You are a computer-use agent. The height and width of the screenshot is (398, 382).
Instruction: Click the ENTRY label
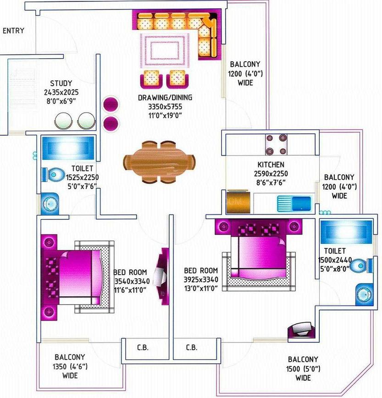pos(13,31)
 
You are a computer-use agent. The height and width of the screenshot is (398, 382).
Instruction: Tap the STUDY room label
pos(61,83)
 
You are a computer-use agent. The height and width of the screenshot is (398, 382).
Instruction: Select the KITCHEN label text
pos(271,165)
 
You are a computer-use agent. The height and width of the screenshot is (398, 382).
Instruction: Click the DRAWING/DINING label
pos(165,98)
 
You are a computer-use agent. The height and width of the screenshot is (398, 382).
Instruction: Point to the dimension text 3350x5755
pos(165,107)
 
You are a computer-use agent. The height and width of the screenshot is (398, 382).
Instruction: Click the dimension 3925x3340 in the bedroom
pos(201,279)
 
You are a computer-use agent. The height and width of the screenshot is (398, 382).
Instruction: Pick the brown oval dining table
pos(159,162)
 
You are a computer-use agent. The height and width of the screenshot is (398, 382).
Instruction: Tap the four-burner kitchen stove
pos(276,144)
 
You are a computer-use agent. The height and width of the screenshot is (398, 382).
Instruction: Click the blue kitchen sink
pos(294,203)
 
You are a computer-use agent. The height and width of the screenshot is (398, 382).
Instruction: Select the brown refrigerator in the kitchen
pos(238,202)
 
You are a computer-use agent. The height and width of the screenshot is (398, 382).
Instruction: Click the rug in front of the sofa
pos(165,50)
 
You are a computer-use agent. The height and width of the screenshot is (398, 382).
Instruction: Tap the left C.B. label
pos(143,348)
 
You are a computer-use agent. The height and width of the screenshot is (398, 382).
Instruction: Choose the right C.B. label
pos(191,348)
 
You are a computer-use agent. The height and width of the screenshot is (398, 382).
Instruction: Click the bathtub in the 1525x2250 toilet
pos(68,148)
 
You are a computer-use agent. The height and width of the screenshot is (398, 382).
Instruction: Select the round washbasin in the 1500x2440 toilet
pos(365,294)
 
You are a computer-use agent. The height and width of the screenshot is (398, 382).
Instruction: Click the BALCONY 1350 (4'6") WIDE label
pos(70,366)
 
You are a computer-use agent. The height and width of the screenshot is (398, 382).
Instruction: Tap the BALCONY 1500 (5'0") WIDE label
pos(303,369)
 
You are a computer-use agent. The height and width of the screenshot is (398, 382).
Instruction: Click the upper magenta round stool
pos(111,104)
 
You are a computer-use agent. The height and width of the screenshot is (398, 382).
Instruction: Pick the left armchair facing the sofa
pos(151,79)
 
